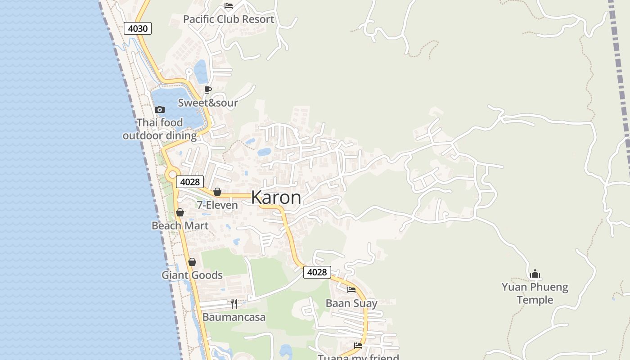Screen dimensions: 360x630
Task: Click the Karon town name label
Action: tap(276, 198)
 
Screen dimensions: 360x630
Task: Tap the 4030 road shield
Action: tap(138, 28)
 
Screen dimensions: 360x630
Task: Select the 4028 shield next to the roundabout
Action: tap(189, 182)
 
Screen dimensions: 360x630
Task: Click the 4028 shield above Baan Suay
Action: tap(317, 272)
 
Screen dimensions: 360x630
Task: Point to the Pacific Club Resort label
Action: tap(229, 19)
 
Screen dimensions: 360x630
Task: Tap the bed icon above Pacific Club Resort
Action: tap(229, 6)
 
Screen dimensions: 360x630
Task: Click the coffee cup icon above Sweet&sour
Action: tap(208, 90)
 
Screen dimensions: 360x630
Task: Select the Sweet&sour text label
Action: tap(208, 103)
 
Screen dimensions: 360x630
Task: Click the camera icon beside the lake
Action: tap(159, 109)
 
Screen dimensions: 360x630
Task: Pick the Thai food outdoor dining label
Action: tap(160, 129)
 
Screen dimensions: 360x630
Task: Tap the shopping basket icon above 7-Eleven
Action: tap(217, 192)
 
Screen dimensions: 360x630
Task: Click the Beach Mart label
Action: tap(180, 225)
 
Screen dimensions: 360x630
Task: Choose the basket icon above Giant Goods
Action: tap(192, 262)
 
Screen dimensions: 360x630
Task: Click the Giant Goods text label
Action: tap(192, 275)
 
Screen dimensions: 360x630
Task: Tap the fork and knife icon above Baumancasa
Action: tap(234, 304)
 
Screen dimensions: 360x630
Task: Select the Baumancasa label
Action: tap(234, 317)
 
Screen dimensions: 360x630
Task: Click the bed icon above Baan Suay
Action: tap(351, 290)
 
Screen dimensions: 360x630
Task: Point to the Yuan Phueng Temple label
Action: tap(535, 293)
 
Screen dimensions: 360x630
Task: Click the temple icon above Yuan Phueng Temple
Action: tap(535, 274)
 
